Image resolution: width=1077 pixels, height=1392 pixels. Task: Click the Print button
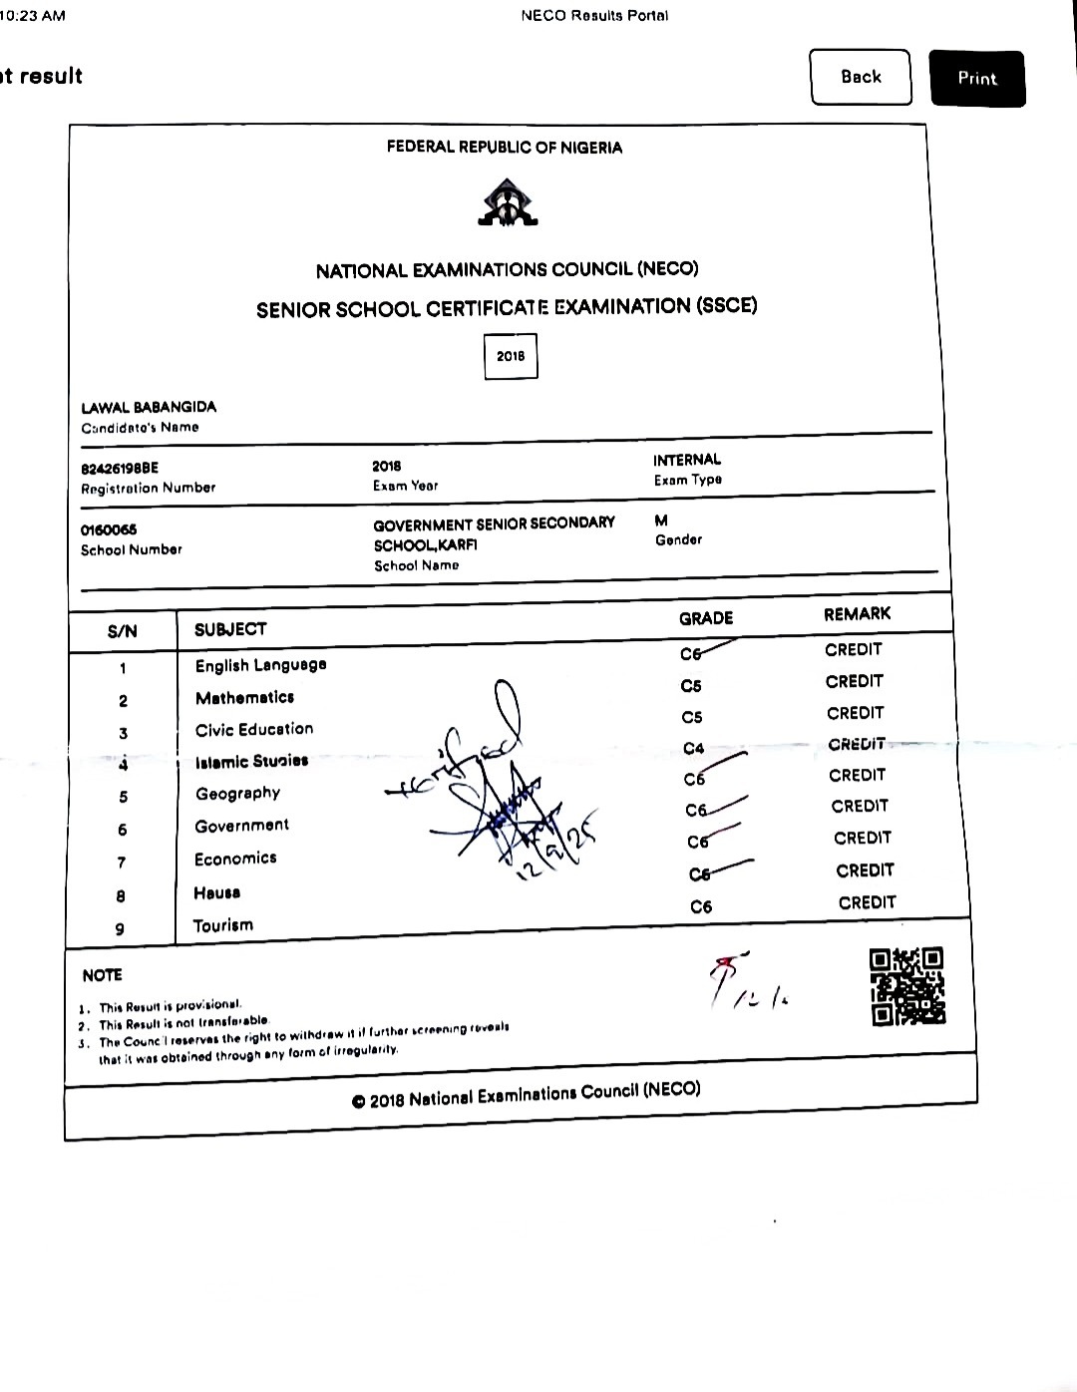click(x=976, y=78)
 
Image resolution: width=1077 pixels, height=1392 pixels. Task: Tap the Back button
click(x=861, y=77)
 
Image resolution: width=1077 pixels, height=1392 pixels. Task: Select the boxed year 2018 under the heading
click(x=510, y=356)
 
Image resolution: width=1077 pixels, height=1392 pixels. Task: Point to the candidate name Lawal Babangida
click(x=149, y=407)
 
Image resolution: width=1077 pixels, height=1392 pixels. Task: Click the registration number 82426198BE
click(x=120, y=468)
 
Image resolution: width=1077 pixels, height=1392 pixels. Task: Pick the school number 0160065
click(x=110, y=529)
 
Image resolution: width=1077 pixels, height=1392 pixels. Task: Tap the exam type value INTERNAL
click(x=687, y=460)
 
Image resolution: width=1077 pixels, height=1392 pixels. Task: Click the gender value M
click(x=661, y=521)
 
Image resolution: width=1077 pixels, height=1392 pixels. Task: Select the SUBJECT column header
click(x=230, y=629)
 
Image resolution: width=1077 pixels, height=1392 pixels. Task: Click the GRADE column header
click(x=706, y=618)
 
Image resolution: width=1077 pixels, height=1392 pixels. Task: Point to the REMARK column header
click(x=858, y=614)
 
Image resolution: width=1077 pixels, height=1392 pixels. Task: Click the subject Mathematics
click(x=244, y=697)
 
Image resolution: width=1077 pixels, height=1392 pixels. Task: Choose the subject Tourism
click(x=223, y=925)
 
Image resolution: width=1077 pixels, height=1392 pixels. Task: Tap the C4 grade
click(x=694, y=748)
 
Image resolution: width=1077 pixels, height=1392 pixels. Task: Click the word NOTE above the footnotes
click(x=102, y=975)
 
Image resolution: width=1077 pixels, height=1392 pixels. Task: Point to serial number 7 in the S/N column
click(x=122, y=863)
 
